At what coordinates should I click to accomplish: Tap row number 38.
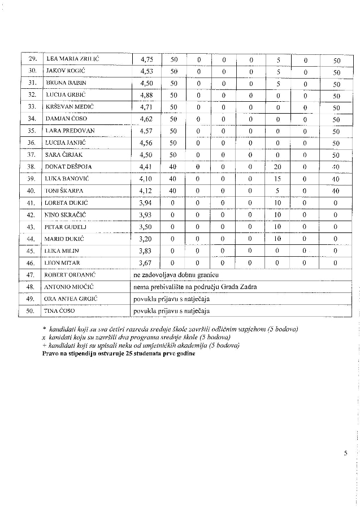point(32,167)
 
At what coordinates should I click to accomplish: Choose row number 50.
point(32,310)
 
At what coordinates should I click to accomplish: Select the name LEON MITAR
point(62,262)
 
